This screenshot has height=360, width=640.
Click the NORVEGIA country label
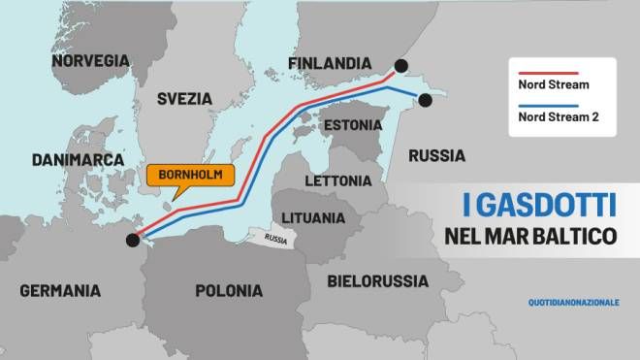[x=89, y=60]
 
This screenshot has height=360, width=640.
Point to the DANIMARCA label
[x=78, y=159]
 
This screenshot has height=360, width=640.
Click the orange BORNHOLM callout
[x=191, y=176]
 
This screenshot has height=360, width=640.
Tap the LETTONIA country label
[x=337, y=180]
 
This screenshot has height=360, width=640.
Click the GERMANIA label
[x=59, y=290]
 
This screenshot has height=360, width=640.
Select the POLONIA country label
[x=229, y=290]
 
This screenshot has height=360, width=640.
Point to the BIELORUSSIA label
[x=377, y=281]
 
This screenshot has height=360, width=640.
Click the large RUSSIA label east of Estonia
[x=436, y=155]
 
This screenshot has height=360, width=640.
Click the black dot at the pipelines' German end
[x=132, y=239]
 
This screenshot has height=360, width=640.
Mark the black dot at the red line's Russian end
[x=400, y=65]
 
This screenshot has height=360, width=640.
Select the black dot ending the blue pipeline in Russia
[x=424, y=99]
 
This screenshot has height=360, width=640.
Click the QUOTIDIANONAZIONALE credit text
[x=574, y=303]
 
